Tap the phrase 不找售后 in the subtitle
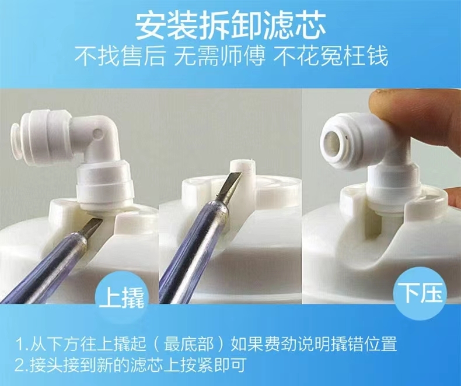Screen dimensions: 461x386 tap(119, 56)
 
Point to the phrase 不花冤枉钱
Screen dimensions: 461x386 tap(330, 56)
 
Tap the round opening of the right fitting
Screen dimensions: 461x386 tap(335, 139)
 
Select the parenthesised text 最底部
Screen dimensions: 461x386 tap(188, 343)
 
